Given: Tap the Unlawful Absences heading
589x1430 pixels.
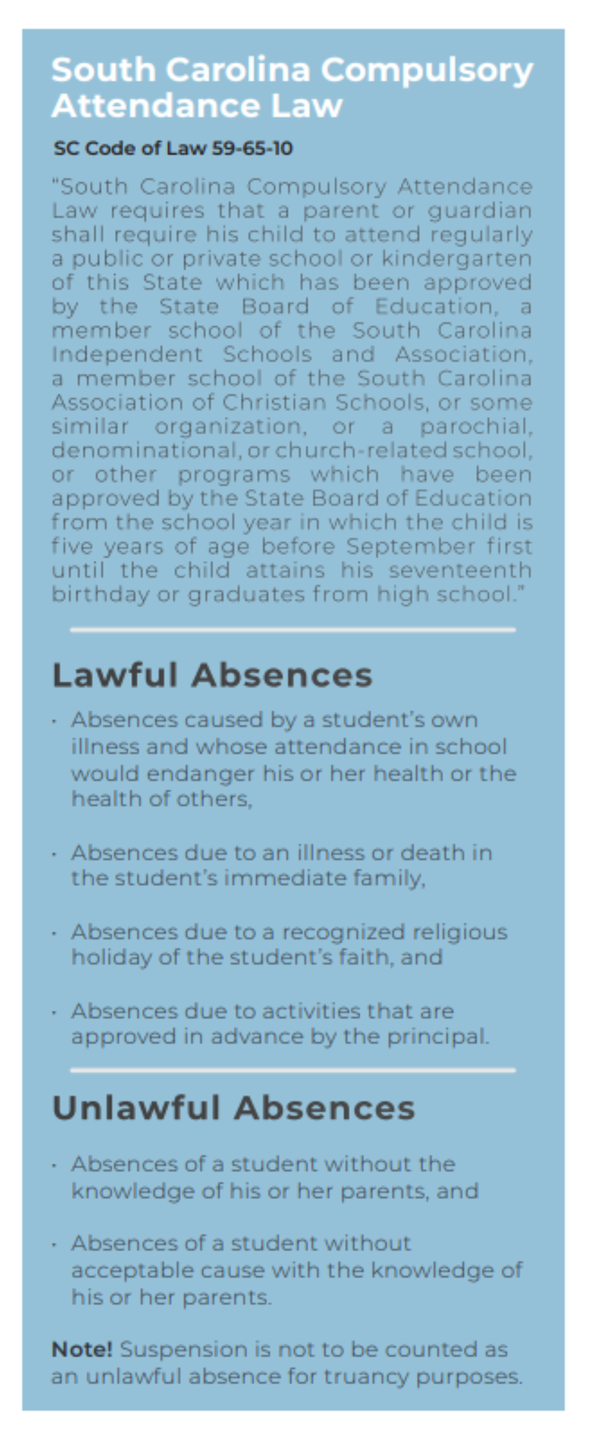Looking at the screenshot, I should click(233, 1108).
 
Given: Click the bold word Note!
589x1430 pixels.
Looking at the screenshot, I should click(82, 1349).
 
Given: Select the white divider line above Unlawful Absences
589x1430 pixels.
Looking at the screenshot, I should click(293, 1070).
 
